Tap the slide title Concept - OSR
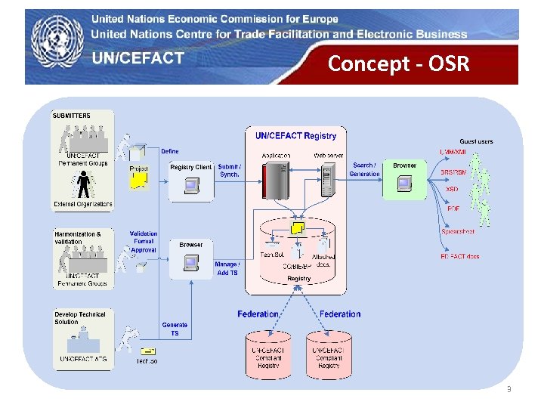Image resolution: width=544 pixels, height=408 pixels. tap(398, 64)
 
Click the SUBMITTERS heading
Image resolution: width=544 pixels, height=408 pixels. tap(72, 116)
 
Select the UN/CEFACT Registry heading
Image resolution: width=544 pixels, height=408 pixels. tap(295, 136)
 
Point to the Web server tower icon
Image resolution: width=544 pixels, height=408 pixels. tap(327, 182)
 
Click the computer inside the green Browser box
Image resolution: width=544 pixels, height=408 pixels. tap(405, 183)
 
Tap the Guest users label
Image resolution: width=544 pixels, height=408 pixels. tap(476, 141)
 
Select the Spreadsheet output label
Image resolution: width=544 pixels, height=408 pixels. tap(458, 232)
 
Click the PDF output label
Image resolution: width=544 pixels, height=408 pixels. tap(453, 209)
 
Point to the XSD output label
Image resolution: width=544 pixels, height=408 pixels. tap(452, 190)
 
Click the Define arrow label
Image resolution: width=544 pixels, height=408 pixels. tap(170, 151)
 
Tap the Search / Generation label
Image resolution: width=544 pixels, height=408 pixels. tap(364, 169)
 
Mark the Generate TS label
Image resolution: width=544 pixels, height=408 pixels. tap(175, 329)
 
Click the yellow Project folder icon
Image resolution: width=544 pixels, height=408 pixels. tap(138, 178)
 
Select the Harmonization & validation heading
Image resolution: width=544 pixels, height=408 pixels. tap(78, 238)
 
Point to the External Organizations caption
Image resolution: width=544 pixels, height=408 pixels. tap(83, 204)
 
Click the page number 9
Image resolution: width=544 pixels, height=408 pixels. tap(508, 389)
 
